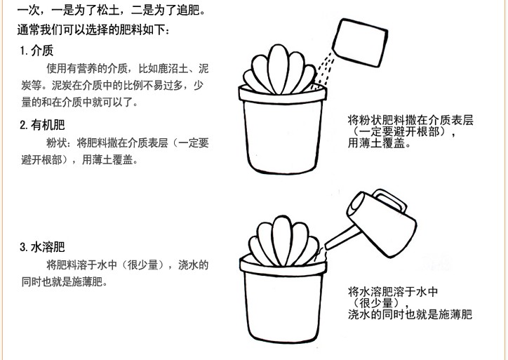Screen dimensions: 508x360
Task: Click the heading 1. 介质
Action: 36,51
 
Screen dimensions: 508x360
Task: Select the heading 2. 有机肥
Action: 42,125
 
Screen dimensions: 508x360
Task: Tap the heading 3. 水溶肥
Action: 42,247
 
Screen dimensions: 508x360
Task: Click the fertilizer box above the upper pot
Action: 360,42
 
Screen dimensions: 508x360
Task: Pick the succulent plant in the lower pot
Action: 283,241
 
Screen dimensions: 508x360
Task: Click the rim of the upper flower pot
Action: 283,95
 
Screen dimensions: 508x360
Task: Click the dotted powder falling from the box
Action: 324,69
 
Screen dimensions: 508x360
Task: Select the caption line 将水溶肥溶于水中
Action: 393,292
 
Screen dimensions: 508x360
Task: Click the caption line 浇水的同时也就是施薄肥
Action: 410,314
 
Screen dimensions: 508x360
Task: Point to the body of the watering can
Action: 382,224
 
